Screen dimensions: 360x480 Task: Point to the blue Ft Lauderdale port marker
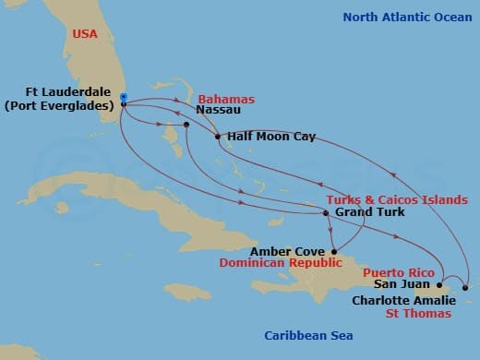[x=123, y=95]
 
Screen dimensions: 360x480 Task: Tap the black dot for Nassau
[x=186, y=125]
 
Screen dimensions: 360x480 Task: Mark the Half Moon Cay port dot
[x=218, y=138]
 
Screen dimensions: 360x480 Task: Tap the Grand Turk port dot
[x=326, y=213]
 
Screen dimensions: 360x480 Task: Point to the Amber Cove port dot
[x=333, y=250]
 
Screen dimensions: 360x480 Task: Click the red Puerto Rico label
[x=396, y=272]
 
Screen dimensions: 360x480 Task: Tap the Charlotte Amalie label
[x=403, y=300]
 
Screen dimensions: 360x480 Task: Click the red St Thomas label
[x=420, y=314]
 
